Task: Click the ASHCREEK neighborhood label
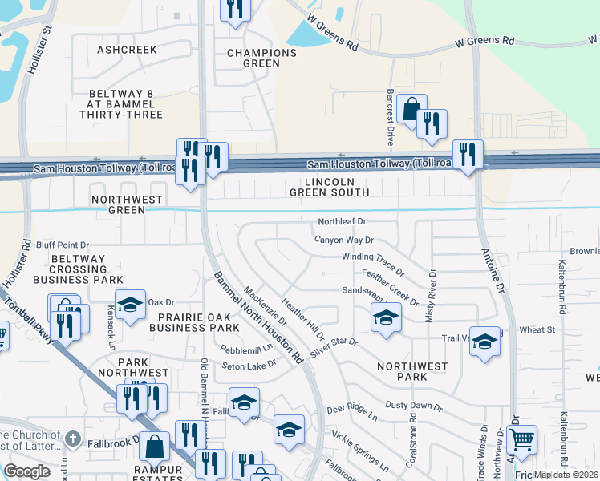(127, 50)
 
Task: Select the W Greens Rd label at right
(484, 40)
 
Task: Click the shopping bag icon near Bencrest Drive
(411, 109)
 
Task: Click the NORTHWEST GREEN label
(127, 204)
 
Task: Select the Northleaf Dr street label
(342, 221)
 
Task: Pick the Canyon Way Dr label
(344, 240)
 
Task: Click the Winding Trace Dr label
(372, 262)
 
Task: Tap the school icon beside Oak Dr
(130, 305)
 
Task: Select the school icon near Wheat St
(484, 341)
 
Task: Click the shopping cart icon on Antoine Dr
(522, 439)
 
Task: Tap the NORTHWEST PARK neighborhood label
(412, 371)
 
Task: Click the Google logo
(27, 471)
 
